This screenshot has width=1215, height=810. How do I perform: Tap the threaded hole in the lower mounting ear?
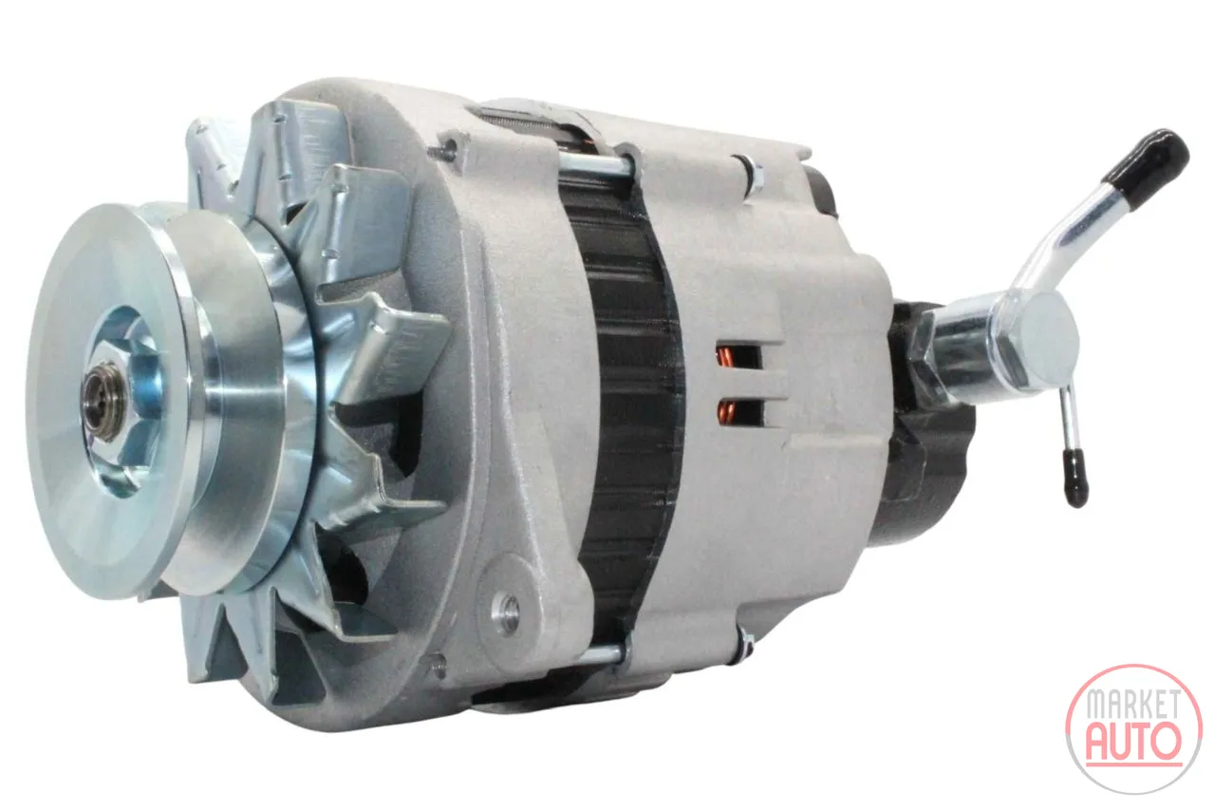point(509,611)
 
